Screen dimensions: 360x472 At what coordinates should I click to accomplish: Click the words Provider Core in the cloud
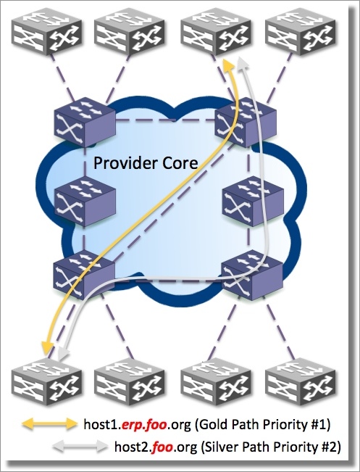146,163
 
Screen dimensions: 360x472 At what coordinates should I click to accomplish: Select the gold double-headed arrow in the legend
50,424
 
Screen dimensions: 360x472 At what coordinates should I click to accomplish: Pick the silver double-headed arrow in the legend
80,445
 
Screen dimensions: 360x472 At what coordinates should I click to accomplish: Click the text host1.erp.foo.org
137,424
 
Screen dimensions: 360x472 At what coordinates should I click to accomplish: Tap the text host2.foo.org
156,447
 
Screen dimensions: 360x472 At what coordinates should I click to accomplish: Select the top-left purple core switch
85,122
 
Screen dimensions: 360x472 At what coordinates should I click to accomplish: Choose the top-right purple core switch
246,122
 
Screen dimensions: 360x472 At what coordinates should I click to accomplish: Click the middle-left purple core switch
85,201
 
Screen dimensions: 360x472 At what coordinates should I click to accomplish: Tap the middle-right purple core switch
253,201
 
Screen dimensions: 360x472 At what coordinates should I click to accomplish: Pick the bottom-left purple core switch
84,275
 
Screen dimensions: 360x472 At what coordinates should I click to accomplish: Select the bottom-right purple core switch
252,275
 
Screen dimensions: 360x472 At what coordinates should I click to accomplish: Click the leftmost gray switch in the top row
46,32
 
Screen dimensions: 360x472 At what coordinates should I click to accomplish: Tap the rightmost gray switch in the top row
301,32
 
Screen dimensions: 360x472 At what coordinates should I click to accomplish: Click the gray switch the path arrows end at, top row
216,32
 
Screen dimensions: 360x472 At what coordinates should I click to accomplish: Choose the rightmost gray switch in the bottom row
301,382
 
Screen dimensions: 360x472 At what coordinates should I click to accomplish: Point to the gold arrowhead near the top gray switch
228,64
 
